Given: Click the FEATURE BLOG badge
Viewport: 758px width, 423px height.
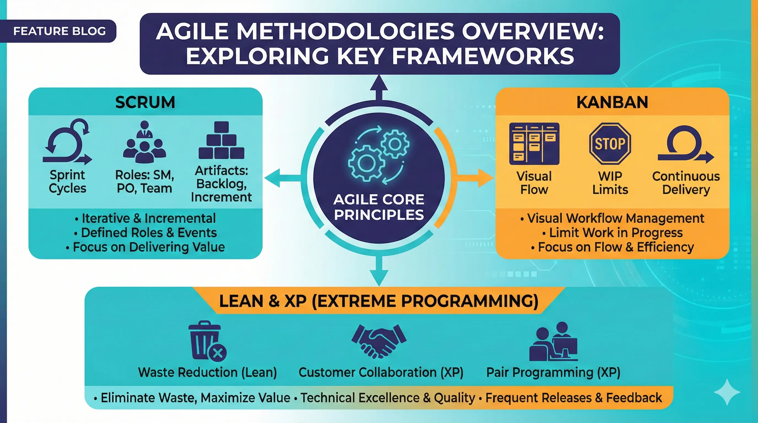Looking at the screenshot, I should tap(59, 31).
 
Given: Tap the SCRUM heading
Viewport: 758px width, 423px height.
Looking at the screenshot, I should tap(145, 102).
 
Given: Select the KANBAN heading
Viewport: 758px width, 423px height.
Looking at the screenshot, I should tap(612, 102).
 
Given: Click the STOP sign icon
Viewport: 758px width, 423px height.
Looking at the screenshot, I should tap(610, 143).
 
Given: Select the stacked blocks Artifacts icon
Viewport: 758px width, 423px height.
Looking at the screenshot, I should tap(221, 141).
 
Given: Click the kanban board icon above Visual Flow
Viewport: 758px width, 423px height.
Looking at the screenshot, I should tap(534, 143).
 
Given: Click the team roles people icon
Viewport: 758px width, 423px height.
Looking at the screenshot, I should tap(144, 142).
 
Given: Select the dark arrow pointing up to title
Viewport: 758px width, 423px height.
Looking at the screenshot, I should tap(379, 88).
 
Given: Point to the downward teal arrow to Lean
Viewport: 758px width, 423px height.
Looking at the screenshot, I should tap(379, 272).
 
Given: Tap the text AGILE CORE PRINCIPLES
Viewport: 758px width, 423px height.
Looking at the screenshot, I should tap(379, 207).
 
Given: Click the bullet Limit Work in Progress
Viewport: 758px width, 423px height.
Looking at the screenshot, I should tap(613, 233).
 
